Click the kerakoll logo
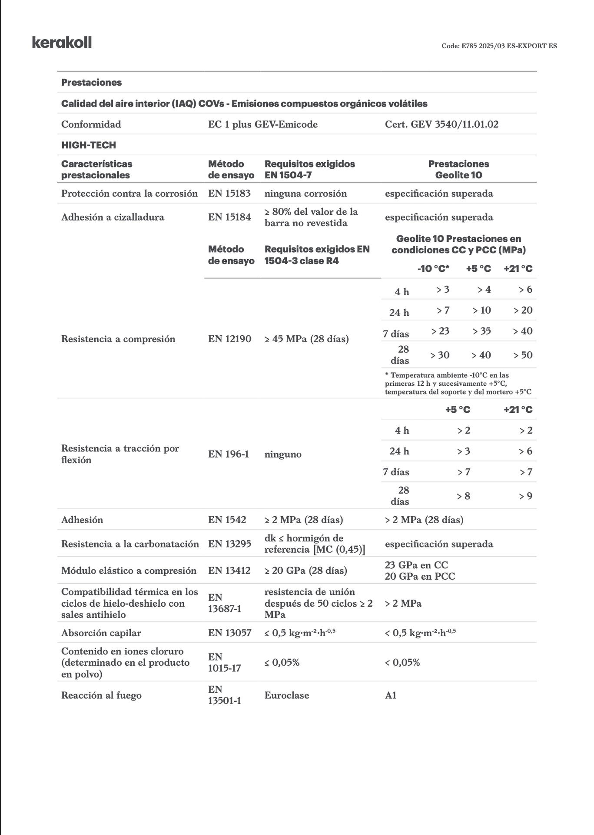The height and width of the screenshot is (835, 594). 62,43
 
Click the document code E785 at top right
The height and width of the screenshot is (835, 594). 499,46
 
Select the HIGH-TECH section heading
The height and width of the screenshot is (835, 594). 89,145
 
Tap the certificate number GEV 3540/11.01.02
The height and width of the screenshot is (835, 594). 441,124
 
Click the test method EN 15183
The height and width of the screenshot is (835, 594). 229,194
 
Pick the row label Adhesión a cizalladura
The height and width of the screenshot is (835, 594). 113,217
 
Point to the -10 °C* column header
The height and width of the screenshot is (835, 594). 433,269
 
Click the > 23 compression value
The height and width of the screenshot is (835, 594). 440,331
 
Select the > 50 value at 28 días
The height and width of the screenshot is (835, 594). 523,355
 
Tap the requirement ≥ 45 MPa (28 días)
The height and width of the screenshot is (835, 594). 306,339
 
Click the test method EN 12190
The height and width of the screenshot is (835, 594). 229,339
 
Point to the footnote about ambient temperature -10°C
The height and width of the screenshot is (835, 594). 458,384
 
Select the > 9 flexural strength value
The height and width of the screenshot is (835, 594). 525,496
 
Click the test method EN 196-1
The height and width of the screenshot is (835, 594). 228,454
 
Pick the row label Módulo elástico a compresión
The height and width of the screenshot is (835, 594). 129,571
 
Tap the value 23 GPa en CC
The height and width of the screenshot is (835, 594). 416,565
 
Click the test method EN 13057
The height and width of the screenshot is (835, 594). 229,633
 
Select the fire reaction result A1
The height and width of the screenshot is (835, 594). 391,695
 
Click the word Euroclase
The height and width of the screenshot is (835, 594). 286,695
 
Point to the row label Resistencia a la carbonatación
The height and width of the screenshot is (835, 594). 130,544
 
